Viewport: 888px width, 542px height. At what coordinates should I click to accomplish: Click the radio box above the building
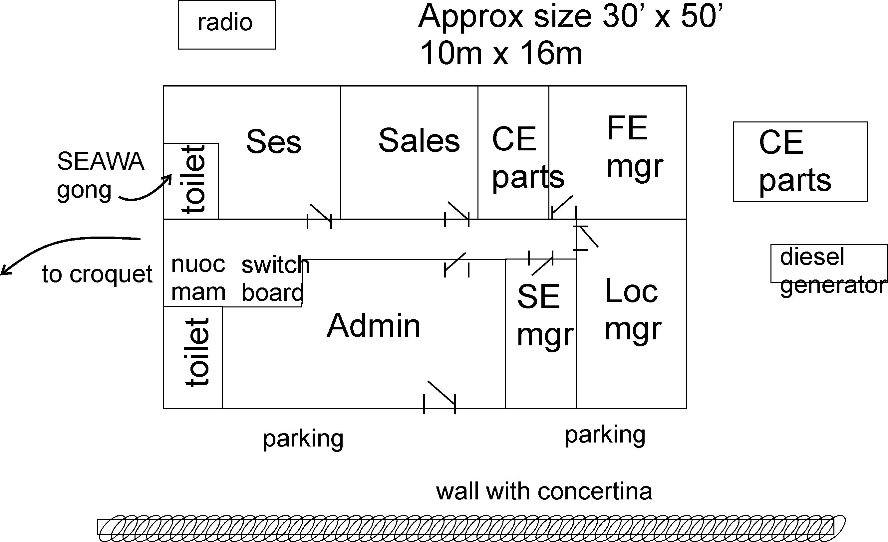tap(227, 25)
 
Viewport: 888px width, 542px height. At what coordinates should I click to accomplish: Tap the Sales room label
tap(419, 140)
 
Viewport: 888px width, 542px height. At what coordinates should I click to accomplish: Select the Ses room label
tap(274, 141)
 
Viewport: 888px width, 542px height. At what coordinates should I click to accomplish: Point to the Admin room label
tap(374, 325)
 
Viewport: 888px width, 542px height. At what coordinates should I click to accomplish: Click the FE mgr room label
tap(635, 147)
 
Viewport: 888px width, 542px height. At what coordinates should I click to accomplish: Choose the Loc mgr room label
tap(633, 309)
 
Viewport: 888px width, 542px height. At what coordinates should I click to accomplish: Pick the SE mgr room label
tap(545, 315)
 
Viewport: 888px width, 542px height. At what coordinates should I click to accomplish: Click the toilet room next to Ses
tap(191, 181)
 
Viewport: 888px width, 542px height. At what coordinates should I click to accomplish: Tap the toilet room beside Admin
tap(193, 357)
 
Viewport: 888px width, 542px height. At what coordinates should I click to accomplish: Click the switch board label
tap(275, 278)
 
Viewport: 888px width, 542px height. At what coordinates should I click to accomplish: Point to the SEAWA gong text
tap(101, 175)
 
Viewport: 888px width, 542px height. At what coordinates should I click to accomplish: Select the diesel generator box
tap(828, 264)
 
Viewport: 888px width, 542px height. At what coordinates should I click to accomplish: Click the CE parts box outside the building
tap(800, 162)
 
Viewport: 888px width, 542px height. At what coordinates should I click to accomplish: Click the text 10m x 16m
tap(501, 53)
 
